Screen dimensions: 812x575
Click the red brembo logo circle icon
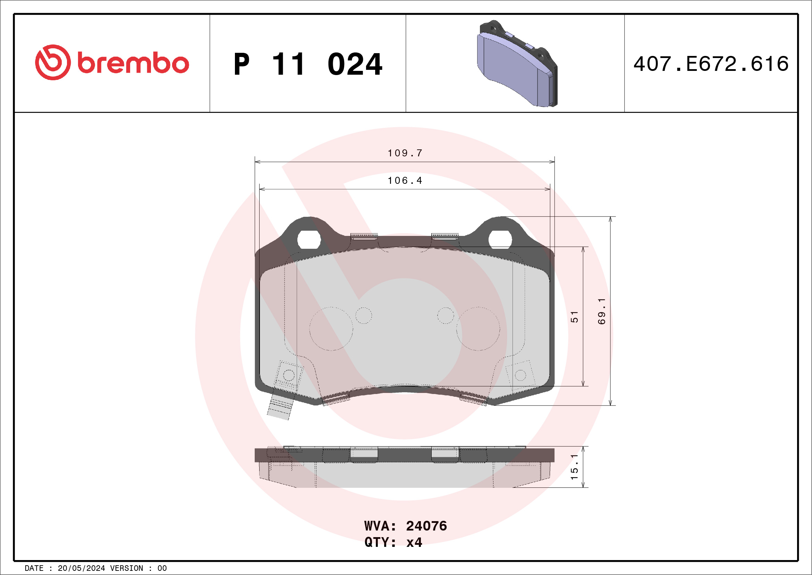(53, 62)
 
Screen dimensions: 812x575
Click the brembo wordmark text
(133, 63)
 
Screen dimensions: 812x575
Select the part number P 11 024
(308, 64)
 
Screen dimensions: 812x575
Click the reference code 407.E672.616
(711, 64)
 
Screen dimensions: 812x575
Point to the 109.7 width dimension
(405, 153)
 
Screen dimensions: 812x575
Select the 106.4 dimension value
(405, 181)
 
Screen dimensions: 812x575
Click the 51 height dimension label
(574, 317)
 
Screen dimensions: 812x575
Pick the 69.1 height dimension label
(602, 312)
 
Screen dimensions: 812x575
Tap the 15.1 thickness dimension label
(574, 467)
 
